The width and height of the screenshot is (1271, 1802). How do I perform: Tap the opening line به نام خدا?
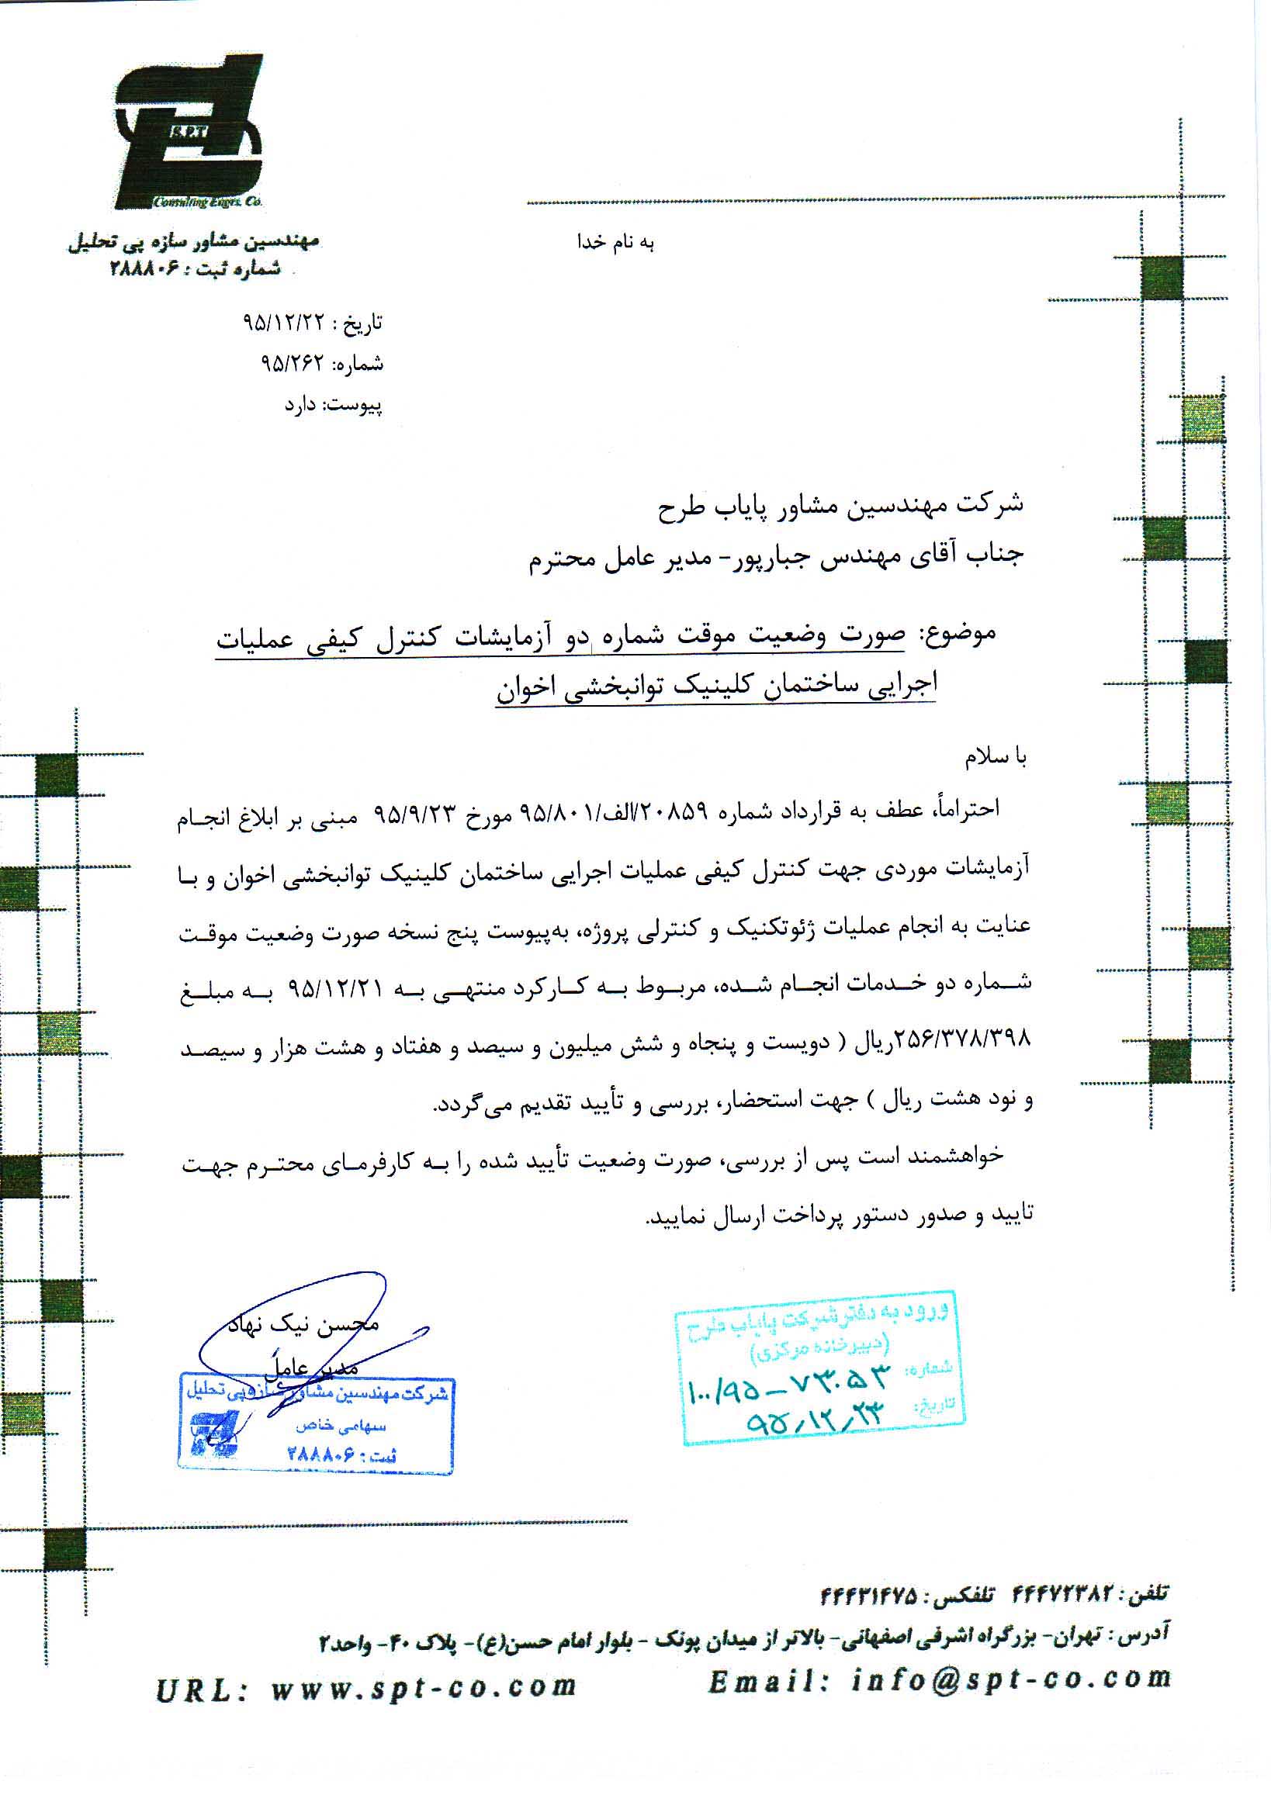pos(616,243)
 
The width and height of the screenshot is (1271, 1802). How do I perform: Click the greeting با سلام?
pos(996,756)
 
